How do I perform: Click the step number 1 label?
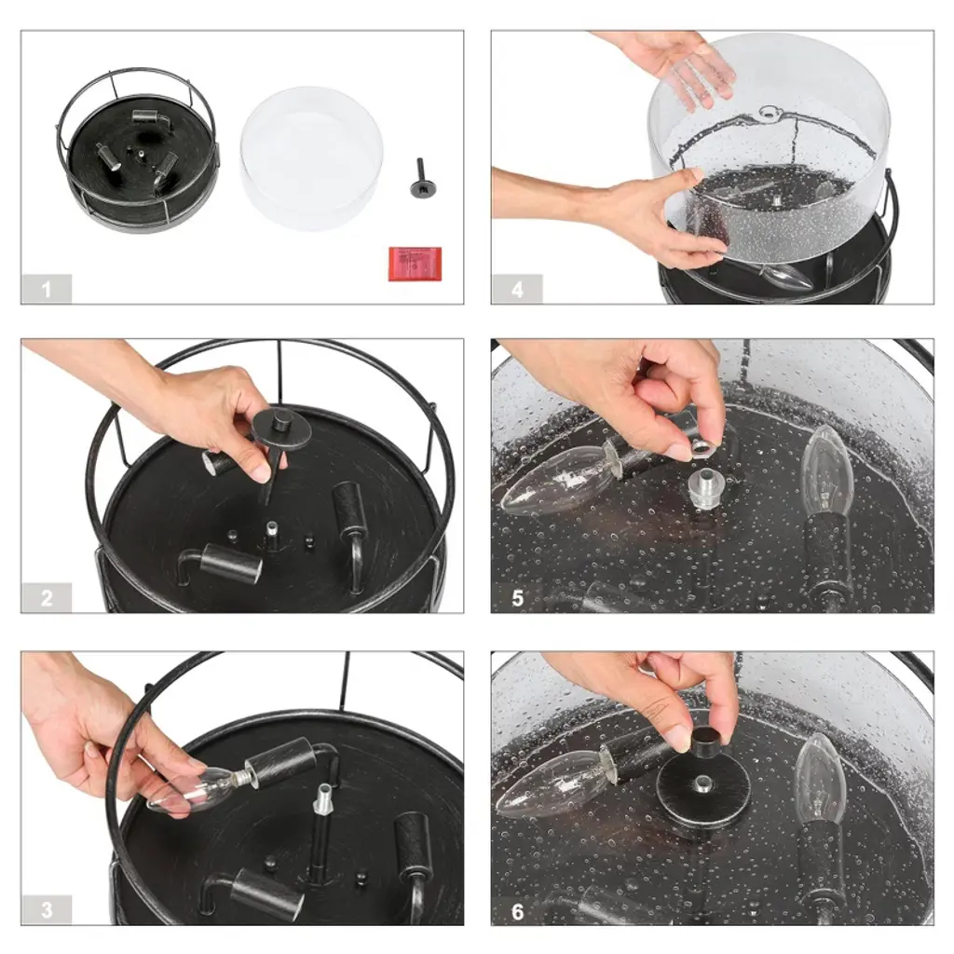[47, 289]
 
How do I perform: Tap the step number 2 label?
[47, 597]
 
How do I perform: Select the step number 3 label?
[47, 910]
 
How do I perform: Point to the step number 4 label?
[517, 289]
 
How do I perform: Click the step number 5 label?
[517, 597]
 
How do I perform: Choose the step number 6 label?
[517, 911]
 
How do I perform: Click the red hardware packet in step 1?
[415, 264]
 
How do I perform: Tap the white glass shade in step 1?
[311, 158]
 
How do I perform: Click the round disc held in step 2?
[282, 428]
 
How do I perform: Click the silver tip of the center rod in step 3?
[322, 797]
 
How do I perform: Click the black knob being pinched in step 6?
[706, 741]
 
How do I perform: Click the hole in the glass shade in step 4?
[771, 113]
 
